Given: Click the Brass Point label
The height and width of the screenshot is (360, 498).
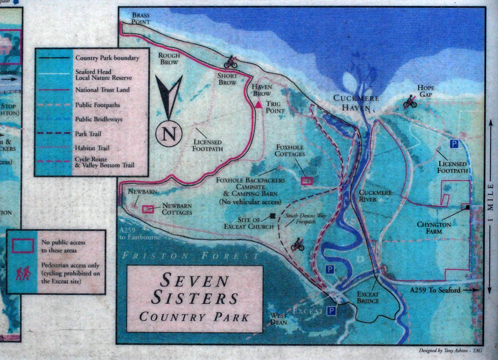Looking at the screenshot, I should coord(141,18).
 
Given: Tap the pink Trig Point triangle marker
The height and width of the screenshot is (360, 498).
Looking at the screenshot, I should coord(258,105).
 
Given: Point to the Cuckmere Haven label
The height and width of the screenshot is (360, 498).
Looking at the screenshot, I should coord(353,103).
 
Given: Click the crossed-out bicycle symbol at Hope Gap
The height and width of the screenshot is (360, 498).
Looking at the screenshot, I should coord(410,103).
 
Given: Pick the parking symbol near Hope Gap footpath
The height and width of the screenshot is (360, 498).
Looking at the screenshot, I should coord(454,144).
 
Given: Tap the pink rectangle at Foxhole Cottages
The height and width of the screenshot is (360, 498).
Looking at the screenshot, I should coord(307,181).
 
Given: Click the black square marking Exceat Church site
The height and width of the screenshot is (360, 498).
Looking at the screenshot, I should coord(272,216).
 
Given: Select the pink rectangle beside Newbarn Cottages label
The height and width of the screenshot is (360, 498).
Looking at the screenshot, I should coord(148,209).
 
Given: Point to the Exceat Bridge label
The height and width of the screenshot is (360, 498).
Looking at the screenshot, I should coord(369,297).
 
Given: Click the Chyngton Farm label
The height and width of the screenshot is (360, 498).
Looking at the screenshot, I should coord(434,228).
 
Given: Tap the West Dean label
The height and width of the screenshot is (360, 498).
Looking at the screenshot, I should coord(278,319).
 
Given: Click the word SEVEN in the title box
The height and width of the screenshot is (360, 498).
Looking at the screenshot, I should coord(194,280).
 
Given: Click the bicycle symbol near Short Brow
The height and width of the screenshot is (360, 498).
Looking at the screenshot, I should coord(231,62).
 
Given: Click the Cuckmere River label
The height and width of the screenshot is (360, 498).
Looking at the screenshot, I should coord(375,196).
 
